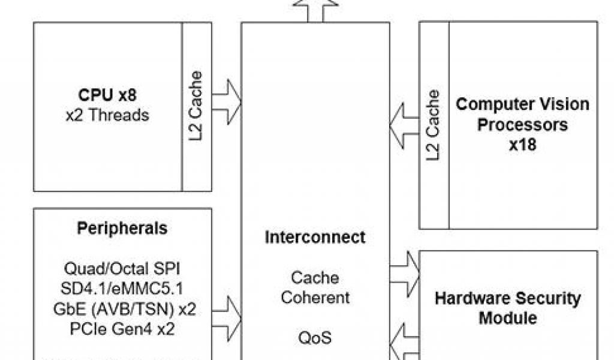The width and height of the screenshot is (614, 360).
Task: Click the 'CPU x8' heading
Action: click(x=108, y=95)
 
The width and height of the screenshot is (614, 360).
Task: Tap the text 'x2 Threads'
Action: click(x=108, y=114)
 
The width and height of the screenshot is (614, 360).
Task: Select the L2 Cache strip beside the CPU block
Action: click(x=195, y=107)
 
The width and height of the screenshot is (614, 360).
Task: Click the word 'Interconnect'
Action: click(x=315, y=237)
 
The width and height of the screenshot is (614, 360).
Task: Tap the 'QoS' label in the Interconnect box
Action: click(x=315, y=338)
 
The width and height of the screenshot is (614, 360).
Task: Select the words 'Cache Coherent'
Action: click(x=315, y=287)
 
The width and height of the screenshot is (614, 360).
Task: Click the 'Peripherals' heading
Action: click(x=122, y=229)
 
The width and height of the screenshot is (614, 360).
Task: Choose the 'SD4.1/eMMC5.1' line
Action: click(x=122, y=289)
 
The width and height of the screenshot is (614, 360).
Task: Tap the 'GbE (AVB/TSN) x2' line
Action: click(x=122, y=310)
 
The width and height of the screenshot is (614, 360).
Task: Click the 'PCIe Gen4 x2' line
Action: click(x=122, y=330)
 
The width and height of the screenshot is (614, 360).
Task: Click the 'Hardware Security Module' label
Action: click(x=507, y=307)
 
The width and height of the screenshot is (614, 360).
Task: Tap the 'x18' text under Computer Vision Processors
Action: click(x=522, y=145)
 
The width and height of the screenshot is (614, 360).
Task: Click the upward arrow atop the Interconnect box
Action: click(x=315, y=9)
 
